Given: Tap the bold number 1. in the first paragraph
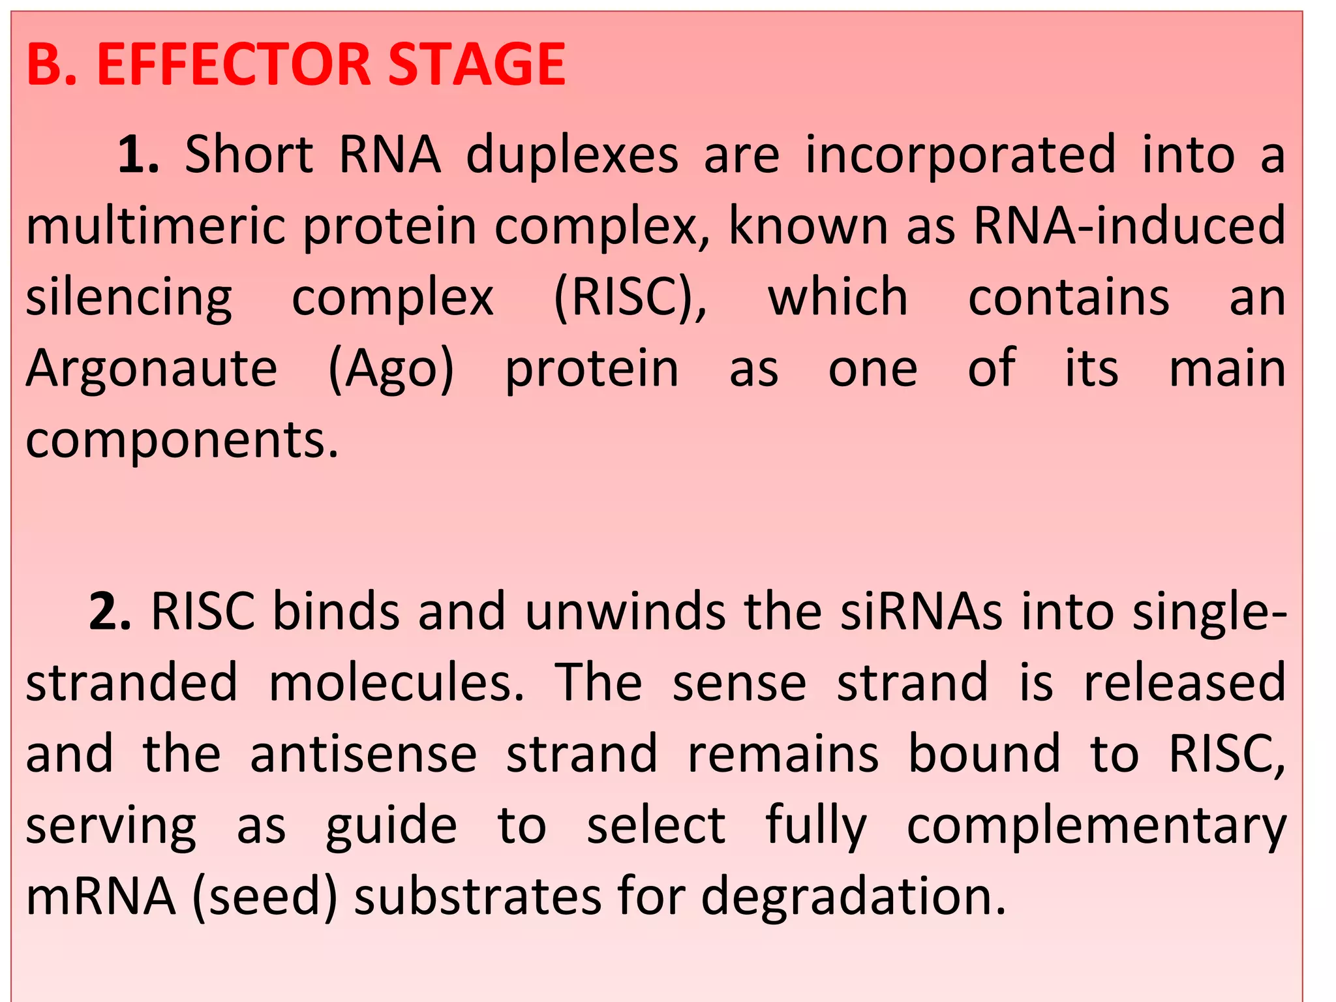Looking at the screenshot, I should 138,155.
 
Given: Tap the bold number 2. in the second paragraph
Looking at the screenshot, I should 110,612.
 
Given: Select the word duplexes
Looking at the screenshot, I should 572,155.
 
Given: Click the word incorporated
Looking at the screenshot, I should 960,155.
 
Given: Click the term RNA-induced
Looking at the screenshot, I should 1129,226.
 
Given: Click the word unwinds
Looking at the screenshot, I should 625,612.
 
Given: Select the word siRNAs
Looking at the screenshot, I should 921,612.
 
